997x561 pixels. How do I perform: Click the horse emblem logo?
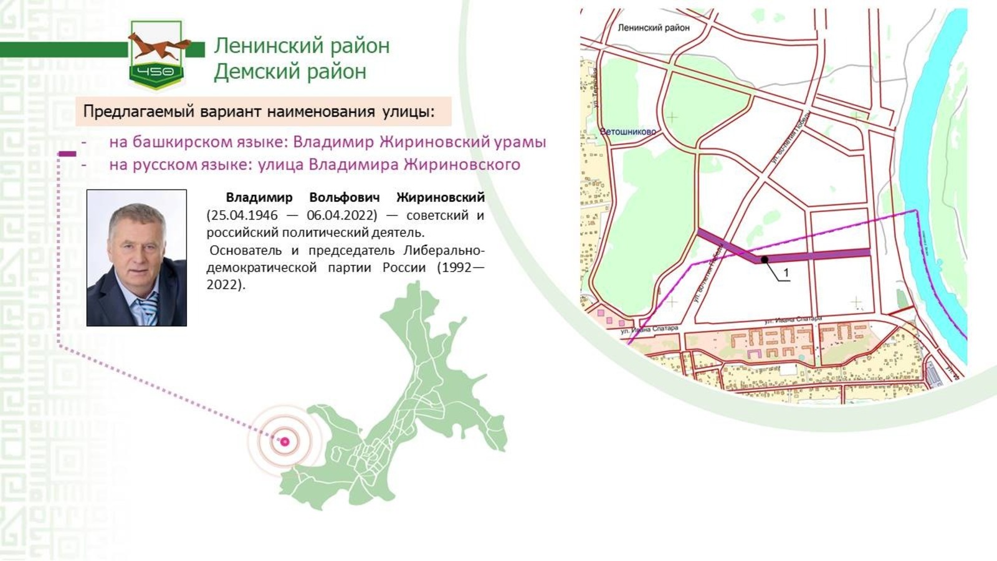156,54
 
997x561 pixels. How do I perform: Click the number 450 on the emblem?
156,72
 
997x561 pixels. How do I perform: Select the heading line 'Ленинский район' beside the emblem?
302,46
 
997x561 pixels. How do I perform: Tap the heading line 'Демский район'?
290,72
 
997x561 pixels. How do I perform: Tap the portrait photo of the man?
136,257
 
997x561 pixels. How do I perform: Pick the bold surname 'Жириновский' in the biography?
440,198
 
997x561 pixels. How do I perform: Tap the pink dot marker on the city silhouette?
285,441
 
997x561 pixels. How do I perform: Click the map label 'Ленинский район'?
653,27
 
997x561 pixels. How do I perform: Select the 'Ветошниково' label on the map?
627,132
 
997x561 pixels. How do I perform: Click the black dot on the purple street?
765,259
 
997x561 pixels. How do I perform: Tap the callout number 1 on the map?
786,273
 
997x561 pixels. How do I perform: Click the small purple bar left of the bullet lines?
67,153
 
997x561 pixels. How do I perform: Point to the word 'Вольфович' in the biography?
344,198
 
